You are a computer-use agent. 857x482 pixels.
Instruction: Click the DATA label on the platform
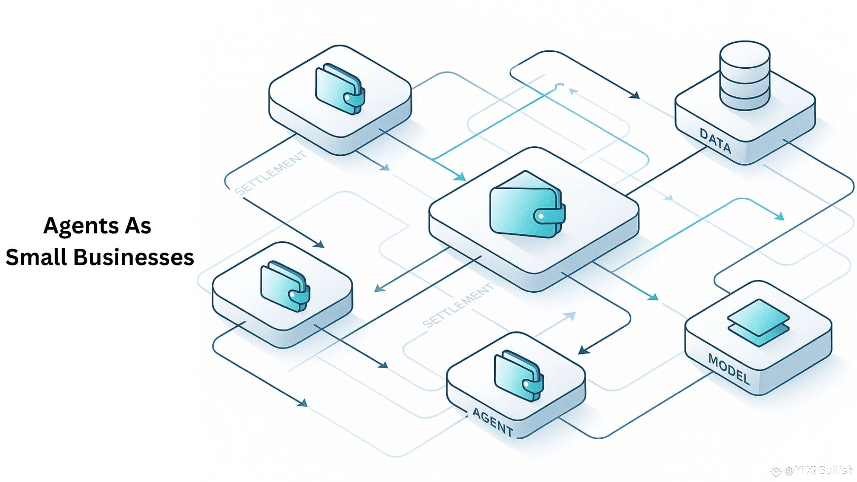[x=715, y=141]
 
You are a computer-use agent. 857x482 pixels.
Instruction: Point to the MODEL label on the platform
[x=728, y=369]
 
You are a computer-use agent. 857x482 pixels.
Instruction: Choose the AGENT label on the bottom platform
[x=493, y=422]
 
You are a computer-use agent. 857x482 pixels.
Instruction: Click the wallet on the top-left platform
[x=340, y=88]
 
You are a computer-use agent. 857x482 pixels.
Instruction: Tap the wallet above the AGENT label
[x=519, y=374]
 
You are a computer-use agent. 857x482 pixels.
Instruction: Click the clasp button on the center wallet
[x=541, y=216]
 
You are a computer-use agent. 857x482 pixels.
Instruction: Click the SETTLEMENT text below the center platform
[x=458, y=305]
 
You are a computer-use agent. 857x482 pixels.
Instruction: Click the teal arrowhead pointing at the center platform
[x=460, y=177]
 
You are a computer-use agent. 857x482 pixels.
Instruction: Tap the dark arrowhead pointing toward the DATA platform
[x=634, y=95]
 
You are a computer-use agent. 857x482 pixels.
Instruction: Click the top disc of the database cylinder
[x=745, y=54]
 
